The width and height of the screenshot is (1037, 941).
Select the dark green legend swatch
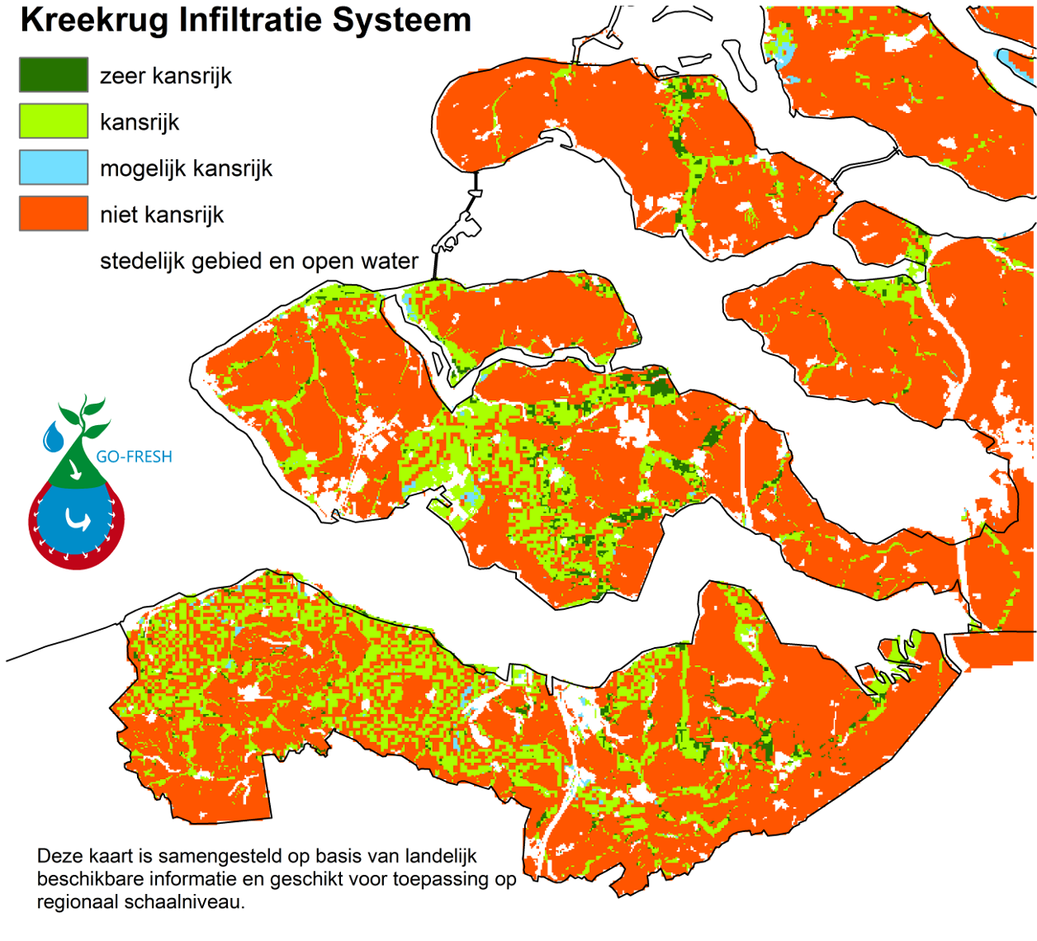[x=54, y=74]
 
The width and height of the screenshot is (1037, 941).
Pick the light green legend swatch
[x=54, y=121]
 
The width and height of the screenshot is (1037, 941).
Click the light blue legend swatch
[x=54, y=167]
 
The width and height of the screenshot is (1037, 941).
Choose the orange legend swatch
[x=54, y=213]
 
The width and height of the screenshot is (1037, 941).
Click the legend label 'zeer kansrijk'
[x=166, y=76]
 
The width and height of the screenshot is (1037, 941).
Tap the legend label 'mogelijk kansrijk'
[x=186, y=168]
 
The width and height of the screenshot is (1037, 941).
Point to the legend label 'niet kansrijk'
[x=162, y=215]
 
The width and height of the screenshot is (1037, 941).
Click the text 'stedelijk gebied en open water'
[x=258, y=261]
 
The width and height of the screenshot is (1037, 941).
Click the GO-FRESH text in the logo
[x=134, y=456]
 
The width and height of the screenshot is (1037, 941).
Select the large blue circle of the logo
[x=77, y=520]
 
